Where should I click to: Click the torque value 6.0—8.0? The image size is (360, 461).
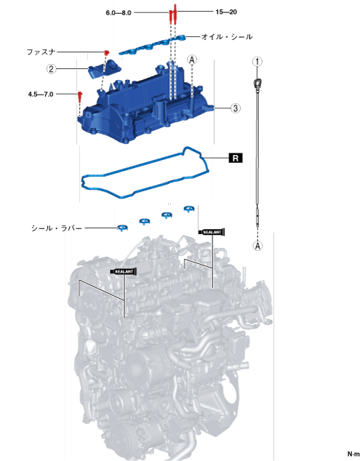click(x=119, y=13)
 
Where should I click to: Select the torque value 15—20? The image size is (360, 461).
click(x=226, y=12)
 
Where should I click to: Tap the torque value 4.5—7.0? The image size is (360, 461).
click(x=41, y=95)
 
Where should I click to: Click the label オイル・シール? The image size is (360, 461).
click(x=227, y=37)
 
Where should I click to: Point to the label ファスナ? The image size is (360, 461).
click(x=41, y=52)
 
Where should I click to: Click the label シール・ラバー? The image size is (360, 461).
click(x=57, y=228)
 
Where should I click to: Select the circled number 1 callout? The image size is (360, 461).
click(x=257, y=62)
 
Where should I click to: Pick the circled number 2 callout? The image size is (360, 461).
click(x=52, y=69)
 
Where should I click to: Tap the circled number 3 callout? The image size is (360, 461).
click(x=236, y=108)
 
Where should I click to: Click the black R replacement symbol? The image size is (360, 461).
click(x=236, y=159)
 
